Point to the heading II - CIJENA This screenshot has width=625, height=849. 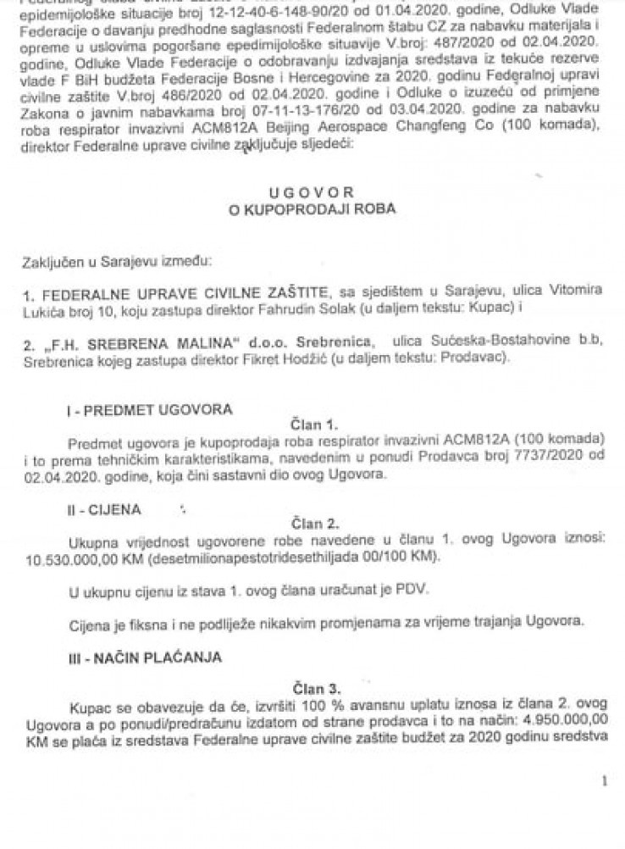coord(104,511)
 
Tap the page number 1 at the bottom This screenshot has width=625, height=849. coord(603,784)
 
